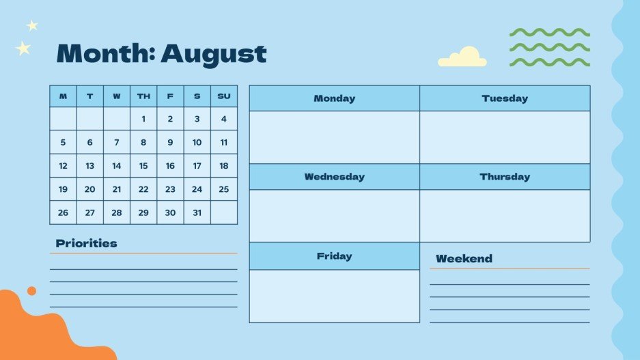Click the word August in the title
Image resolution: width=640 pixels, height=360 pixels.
coord(213,53)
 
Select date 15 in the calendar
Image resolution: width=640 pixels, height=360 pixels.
coord(143,166)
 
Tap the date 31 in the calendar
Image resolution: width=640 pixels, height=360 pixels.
coord(197,212)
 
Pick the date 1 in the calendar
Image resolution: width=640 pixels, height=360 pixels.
coord(143,119)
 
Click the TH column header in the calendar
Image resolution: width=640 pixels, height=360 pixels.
coord(143,96)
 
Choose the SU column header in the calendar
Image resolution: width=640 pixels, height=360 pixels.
coord(223,96)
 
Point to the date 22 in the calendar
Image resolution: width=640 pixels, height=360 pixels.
coord(143,189)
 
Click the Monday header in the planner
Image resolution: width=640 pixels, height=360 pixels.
coord(334,98)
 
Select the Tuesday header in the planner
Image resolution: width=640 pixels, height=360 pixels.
coord(505,98)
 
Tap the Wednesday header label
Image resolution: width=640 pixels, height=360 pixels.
coord(334,177)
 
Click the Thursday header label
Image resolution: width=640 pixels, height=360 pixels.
coord(505,177)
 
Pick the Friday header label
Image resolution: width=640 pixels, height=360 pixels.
coord(334,256)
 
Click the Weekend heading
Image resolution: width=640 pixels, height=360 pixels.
coord(464,259)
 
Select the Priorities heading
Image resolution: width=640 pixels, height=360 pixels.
coord(86,243)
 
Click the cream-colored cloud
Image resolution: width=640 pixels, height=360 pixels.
coord(462,58)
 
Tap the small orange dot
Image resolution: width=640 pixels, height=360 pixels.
coord(31,291)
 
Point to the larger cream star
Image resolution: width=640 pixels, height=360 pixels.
coord(23,49)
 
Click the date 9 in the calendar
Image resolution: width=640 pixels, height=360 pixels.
coord(170,143)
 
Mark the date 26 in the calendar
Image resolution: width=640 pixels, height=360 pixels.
coord(63,212)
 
